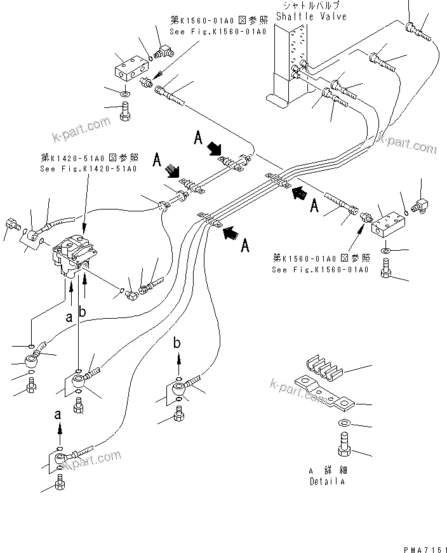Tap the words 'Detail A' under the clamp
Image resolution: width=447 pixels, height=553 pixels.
coord(328,481)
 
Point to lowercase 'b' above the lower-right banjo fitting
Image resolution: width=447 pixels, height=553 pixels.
coord(178,344)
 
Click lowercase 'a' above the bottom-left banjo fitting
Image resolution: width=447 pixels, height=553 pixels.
coord(59,413)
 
